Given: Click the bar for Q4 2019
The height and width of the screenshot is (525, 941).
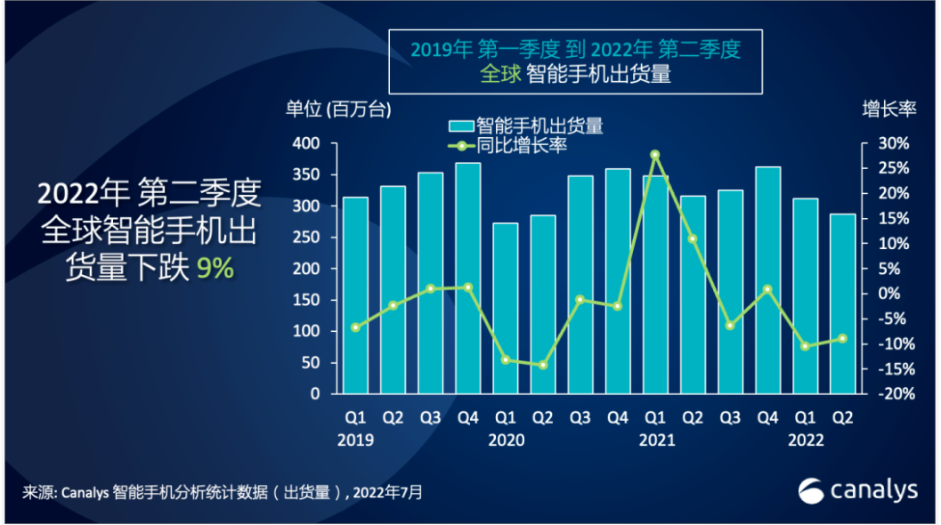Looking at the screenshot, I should pos(468,278).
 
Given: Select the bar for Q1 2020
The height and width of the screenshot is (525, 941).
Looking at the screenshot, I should pos(506,308).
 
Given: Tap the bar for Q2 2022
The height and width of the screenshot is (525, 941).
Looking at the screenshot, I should pos(843,303).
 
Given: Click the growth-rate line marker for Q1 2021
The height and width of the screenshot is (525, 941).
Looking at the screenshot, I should pos(655,155).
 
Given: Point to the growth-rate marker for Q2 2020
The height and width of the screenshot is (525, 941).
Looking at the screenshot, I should pos(543,365).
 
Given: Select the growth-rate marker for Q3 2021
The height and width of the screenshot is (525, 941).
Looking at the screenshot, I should pos(730,326).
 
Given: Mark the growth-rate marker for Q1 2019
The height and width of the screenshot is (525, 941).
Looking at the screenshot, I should pos(355,327).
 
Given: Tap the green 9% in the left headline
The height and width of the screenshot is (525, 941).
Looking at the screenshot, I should pos(215,268).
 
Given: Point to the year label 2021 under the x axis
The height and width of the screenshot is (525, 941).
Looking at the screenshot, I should pos(657,440).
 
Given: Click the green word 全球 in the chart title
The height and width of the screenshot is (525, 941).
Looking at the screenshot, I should pos(499,75).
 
